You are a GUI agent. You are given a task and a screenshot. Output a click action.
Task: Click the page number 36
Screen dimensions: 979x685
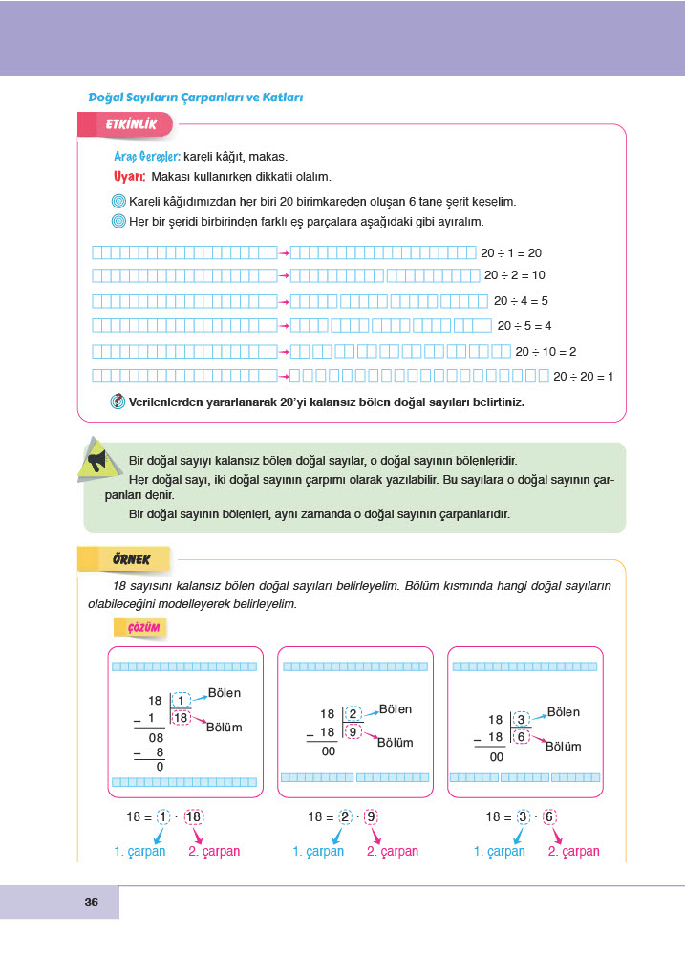coord(92,902)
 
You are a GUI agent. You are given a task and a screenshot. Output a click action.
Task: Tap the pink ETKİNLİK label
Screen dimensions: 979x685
coord(124,124)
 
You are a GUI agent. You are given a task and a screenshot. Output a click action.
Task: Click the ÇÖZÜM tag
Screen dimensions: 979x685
coord(141,627)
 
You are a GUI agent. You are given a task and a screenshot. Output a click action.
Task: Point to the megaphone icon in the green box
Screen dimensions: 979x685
coord(96,460)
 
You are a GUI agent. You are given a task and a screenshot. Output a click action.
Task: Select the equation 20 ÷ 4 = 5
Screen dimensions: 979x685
coord(521,300)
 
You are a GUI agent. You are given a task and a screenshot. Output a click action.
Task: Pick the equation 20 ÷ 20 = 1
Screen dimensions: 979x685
coord(583,377)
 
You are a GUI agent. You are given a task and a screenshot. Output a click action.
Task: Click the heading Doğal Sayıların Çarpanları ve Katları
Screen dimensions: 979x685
coord(195,98)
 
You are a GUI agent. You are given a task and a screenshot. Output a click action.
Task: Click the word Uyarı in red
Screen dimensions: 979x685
coord(129,177)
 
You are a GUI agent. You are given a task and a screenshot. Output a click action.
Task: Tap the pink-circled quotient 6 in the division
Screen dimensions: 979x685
coord(522,736)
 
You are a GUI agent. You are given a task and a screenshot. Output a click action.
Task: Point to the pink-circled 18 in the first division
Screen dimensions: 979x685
coord(181,717)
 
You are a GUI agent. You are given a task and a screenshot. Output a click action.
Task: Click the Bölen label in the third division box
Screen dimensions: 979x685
coord(563,712)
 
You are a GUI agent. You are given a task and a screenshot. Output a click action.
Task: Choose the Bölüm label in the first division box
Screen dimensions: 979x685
coord(225,728)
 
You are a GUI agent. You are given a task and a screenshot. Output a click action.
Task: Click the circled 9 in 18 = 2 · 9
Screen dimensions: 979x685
coord(372,817)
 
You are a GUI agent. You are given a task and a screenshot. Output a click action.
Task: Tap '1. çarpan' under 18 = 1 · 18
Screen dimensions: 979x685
coord(139,851)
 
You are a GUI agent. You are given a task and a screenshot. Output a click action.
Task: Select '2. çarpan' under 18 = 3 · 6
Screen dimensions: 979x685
coord(573,851)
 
